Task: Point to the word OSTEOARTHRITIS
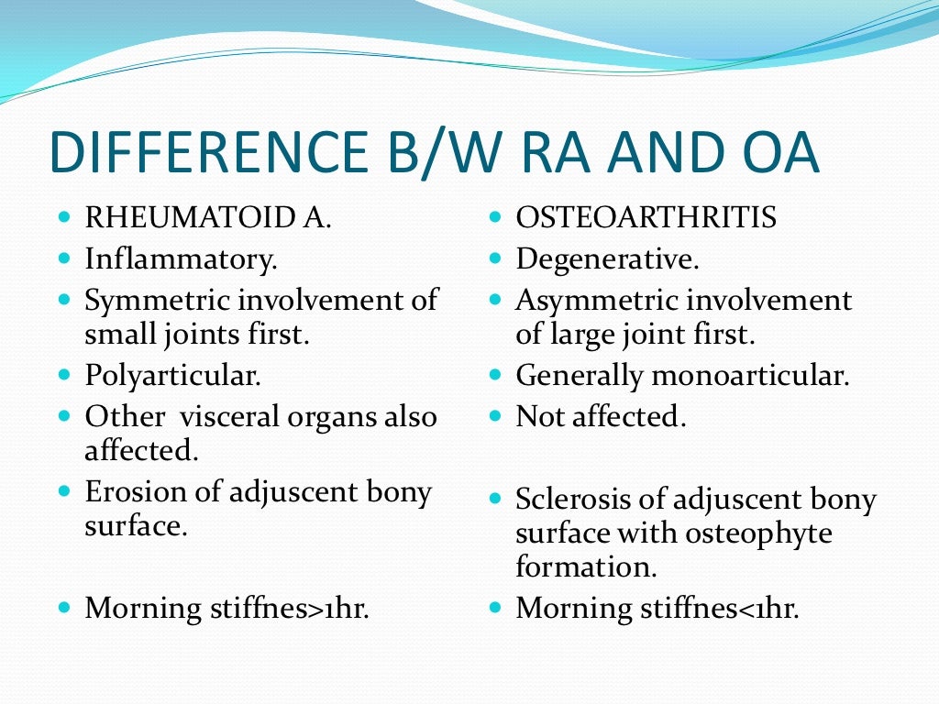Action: click(x=646, y=218)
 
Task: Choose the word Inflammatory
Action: click(x=181, y=259)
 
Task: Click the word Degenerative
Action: click(x=607, y=259)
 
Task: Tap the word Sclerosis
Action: click(x=562, y=500)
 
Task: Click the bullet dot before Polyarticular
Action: click(x=64, y=375)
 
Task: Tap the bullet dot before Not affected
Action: click(x=495, y=416)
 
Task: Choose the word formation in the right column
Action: click(x=585, y=566)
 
